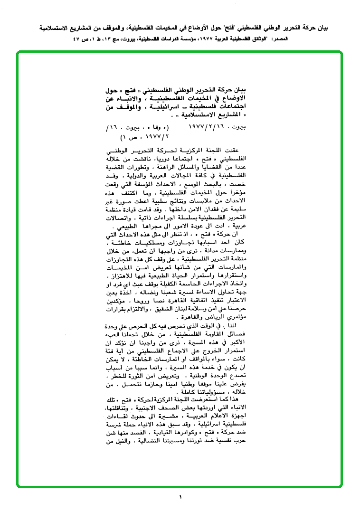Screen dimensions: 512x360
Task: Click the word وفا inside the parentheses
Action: [x=160, y=128]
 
